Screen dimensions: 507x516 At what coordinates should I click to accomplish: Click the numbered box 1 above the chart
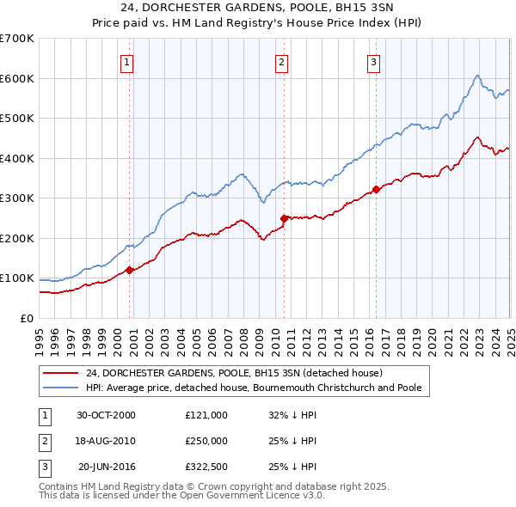[x=126, y=61]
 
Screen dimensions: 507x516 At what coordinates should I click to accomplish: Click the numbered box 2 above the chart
[x=281, y=61]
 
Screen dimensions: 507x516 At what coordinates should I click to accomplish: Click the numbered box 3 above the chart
[x=374, y=61]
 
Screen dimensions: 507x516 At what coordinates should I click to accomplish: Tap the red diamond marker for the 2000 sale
[x=130, y=270]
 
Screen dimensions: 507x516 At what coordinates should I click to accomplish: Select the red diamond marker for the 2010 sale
[x=284, y=218]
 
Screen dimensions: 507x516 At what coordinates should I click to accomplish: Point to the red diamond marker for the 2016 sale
[x=376, y=189]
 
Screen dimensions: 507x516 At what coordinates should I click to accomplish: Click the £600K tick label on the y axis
[x=17, y=78]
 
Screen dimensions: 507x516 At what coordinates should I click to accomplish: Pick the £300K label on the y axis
[x=17, y=199]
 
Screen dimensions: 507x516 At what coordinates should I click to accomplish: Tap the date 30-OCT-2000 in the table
[x=106, y=415]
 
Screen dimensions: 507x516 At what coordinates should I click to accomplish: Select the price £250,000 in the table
[x=206, y=441]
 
